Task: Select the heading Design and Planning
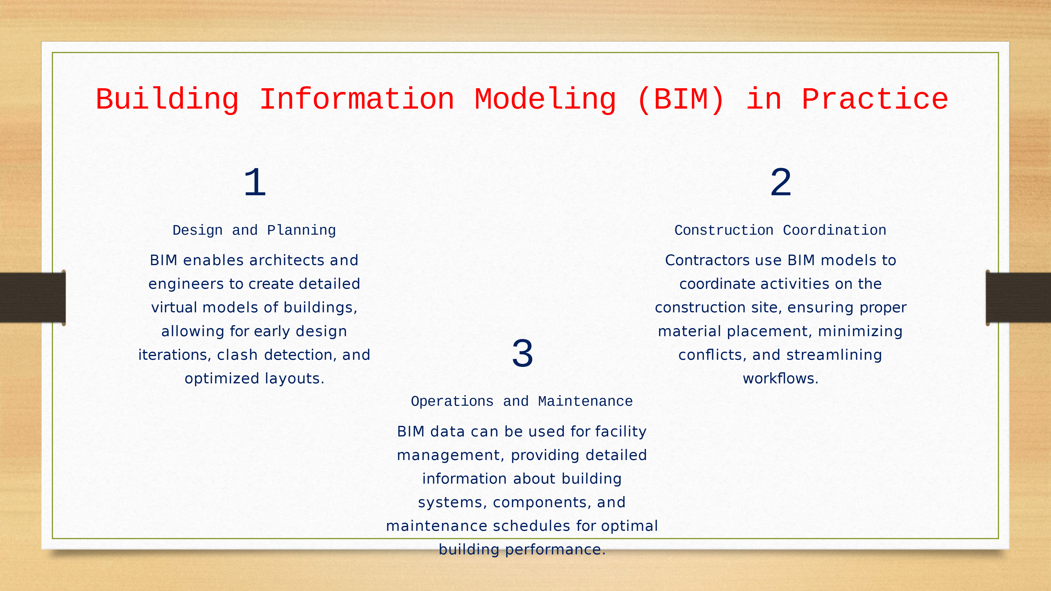(x=254, y=231)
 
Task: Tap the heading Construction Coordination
(x=780, y=231)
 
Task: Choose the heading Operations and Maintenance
(x=522, y=401)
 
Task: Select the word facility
(x=621, y=432)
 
